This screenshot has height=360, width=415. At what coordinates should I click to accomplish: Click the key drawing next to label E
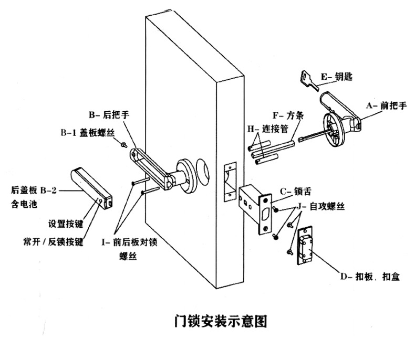(x=309, y=78)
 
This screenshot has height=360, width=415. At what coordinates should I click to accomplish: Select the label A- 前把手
(x=386, y=105)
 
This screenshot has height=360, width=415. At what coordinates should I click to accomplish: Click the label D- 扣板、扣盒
(x=370, y=277)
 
